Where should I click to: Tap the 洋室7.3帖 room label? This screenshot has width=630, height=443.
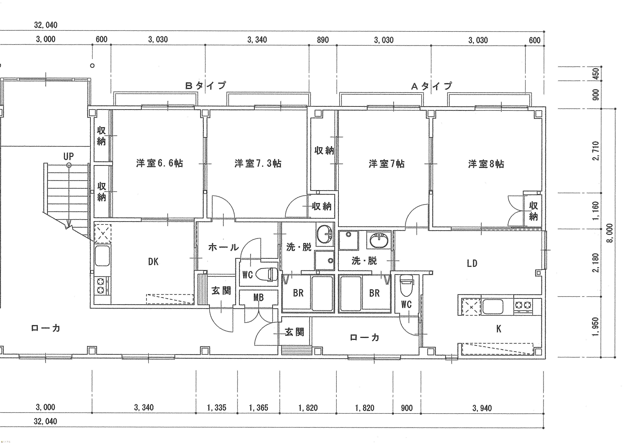(258, 163)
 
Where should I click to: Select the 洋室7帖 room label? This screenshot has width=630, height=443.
(386, 164)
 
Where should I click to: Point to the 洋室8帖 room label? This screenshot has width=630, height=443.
(486, 164)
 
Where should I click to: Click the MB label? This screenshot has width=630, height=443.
(258, 297)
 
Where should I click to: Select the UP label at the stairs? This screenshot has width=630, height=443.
(69, 156)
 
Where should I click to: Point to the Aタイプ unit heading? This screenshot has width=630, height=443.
(431, 86)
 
